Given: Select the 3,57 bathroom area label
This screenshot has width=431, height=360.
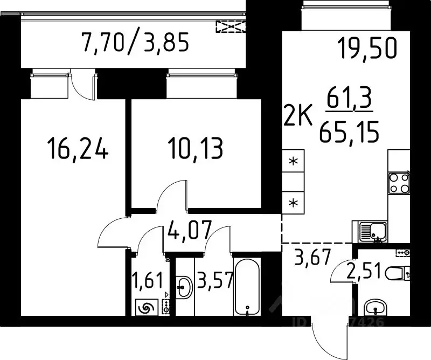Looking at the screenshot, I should pos(214,281).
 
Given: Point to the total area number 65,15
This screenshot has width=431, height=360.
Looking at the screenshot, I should pos(347,131).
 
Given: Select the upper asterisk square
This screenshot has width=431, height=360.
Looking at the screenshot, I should pos(294,162).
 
